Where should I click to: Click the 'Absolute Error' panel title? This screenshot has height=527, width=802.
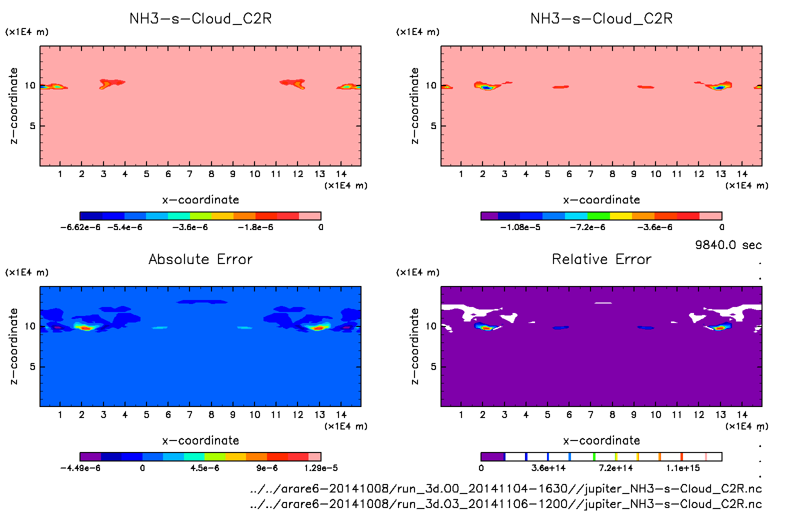click(x=200, y=259)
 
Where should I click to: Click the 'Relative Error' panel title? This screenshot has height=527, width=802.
click(x=601, y=259)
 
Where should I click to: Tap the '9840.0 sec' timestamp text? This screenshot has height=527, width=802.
click(x=728, y=245)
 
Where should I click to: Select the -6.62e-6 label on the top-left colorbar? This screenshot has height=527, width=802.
click(x=80, y=227)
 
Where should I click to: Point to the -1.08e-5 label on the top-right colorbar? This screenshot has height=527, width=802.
click(x=520, y=227)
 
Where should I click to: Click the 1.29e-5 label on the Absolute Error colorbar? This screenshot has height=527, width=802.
click(x=320, y=468)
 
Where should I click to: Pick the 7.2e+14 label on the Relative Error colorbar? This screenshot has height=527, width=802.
click(x=615, y=468)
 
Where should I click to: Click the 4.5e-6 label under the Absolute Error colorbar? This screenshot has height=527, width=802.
click(x=204, y=468)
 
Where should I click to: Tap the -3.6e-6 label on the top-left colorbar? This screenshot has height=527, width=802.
click(x=189, y=227)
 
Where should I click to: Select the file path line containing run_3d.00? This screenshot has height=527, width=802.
click(x=505, y=488)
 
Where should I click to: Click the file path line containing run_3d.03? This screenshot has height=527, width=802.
click(x=505, y=504)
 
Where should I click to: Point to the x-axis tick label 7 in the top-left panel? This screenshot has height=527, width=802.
click(x=189, y=174)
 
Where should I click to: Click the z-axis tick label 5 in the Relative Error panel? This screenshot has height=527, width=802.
click(x=433, y=366)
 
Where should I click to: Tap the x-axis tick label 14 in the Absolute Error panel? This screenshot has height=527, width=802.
click(x=341, y=414)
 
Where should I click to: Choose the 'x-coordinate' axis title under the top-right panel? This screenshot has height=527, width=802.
click(x=601, y=200)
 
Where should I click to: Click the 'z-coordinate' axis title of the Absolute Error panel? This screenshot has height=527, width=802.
click(x=14, y=346)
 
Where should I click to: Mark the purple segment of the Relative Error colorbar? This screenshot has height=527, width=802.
click(x=492, y=456)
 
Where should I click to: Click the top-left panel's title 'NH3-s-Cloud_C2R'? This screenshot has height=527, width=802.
click(x=200, y=18)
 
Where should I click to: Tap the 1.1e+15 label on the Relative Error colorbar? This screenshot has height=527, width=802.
click(x=683, y=468)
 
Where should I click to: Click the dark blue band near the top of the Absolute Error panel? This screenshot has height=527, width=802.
click(x=201, y=301)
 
